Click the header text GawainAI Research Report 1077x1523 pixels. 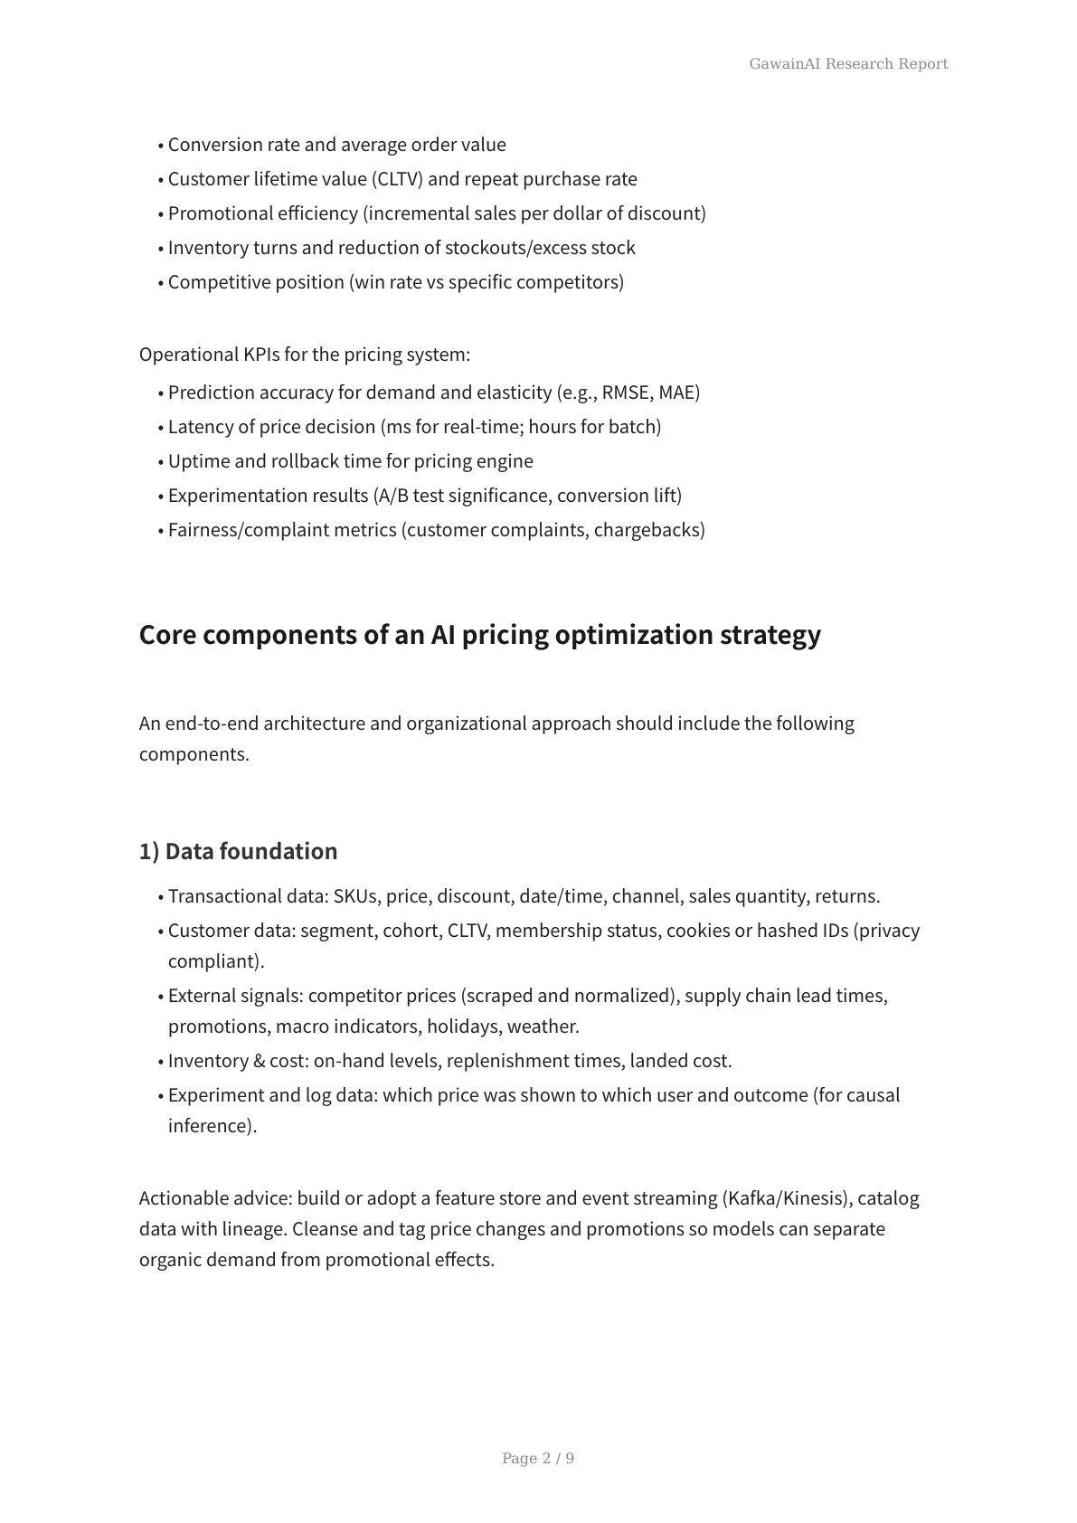click(848, 63)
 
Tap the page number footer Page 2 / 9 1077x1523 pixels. click(538, 1458)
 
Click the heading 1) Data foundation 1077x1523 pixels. click(238, 851)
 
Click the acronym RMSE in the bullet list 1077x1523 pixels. click(626, 393)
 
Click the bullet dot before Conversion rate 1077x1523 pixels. click(161, 147)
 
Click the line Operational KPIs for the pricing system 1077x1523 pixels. click(305, 355)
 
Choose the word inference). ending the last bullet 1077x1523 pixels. click(213, 1126)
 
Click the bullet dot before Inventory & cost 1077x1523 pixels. click(161, 1063)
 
